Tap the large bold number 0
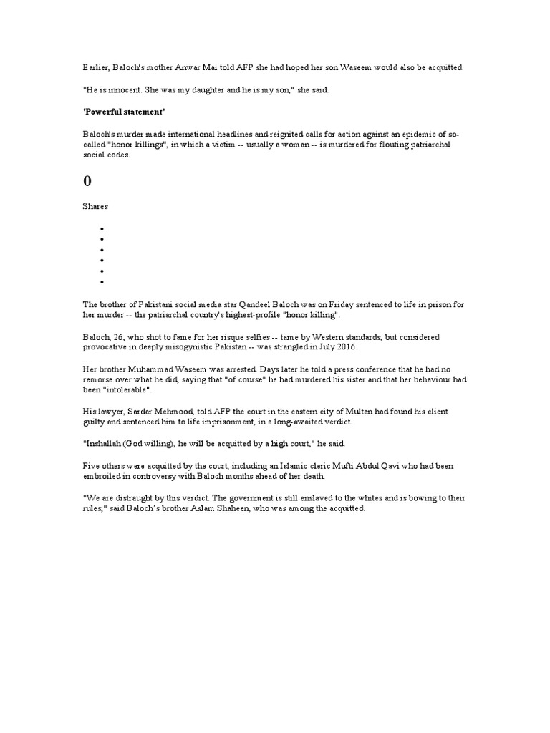(x=87, y=181)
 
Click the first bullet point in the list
(x=102, y=229)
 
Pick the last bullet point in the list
(x=102, y=283)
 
